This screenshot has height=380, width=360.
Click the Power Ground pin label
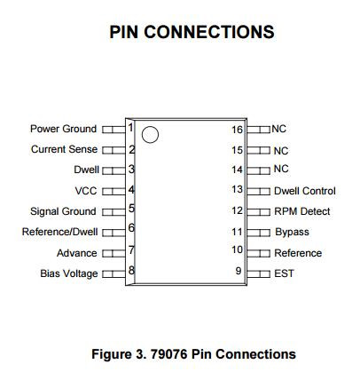(x=63, y=129)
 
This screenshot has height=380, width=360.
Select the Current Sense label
(x=64, y=149)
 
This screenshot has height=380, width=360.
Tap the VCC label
(x=86, y=191)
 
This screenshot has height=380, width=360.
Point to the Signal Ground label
(x=63, y=211)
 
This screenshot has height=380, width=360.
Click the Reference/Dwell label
(x=59, y=232)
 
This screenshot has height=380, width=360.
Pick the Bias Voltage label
(x=69, y=273)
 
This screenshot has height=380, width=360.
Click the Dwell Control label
(x=305, y=191)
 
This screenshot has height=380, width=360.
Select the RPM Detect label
(x=302, y=211)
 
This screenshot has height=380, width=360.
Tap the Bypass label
(x=292, y=232)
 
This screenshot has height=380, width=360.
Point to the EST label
(x=284, y=273)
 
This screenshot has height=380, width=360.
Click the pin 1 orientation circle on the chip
(x=150, y=135)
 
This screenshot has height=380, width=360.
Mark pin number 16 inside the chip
(x=237, y=130)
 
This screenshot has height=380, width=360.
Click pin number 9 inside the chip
(x=239, y=271)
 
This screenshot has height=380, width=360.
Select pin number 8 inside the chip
(x=131, y=271)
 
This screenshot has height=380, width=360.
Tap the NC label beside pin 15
(x=281, y=151)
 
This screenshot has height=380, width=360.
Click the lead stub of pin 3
(x=113, y=170)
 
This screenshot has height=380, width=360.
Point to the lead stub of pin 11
(x=258, y=233)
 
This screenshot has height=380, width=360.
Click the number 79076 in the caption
(x=168, y=354)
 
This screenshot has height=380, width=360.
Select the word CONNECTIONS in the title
(x=209, y=32)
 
